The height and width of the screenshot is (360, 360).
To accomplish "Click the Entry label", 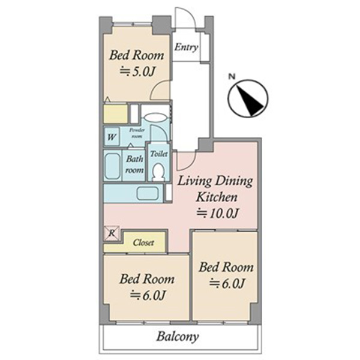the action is tap(186, 47).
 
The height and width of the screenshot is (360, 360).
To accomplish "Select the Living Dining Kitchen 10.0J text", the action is tap(216, 197).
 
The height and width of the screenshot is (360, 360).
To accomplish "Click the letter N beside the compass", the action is tap(232, 76).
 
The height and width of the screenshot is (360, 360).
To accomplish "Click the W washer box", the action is tap(112, 137).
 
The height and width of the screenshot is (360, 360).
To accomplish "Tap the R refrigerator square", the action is tap(112, 233).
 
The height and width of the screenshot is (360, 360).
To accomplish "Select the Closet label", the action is tap(143, 242).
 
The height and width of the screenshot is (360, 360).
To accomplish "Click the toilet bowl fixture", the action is tap(158, 172).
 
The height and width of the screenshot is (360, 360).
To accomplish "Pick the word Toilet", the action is tap(159, 154).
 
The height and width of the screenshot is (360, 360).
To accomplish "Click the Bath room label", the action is tap(134, 164).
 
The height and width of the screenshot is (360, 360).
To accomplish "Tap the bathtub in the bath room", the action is tap(113, 166).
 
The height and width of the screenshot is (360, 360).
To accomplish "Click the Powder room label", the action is tap(137, 133).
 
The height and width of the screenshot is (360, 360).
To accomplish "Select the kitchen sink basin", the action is tap(148, 193).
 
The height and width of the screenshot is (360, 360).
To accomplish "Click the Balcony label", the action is tap(178, 337).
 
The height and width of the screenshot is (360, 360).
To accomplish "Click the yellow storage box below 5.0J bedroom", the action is tap(115, 113).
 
